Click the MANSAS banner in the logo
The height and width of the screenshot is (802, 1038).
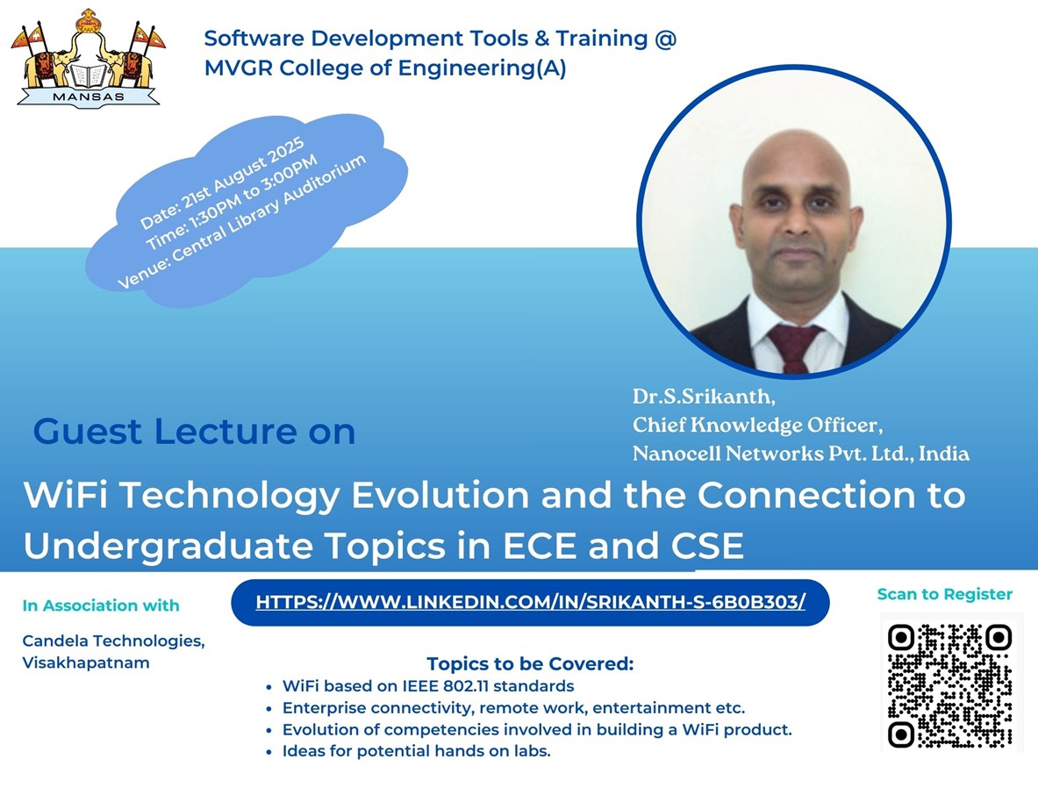[x=88, y=97]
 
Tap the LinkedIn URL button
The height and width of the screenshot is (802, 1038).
[x=530, y=602]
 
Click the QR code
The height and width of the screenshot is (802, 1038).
[x=949, y=685]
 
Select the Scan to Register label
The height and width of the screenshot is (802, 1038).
[x=945, y=594]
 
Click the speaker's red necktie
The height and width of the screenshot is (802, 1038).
[x=794, y=347]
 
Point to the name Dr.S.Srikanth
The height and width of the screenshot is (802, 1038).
[x=704, y=396]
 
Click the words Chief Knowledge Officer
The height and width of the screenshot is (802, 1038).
[x=756, y=425]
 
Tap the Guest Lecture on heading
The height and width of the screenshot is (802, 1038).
[x=194, y=432]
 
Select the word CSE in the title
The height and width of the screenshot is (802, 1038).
[x=708, y=546]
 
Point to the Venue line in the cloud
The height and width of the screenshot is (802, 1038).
[x=241, y=223]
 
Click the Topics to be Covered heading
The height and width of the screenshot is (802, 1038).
[x=530, y=663]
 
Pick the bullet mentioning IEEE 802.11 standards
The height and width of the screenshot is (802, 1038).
[x=427, y=685]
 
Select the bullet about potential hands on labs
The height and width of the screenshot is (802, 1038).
[x=417, y=751]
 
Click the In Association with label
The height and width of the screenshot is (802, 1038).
[x=101, y=605]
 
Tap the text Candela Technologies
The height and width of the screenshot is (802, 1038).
[x=113, y=641]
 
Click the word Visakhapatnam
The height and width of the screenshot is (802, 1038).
[x=85, y=663]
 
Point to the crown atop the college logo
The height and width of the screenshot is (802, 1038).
[x=88, y=22]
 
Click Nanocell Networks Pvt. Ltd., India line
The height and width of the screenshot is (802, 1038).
[x=801, y=454]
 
